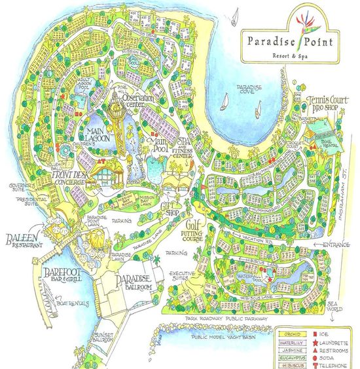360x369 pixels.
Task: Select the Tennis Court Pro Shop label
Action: tap(328, 102)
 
